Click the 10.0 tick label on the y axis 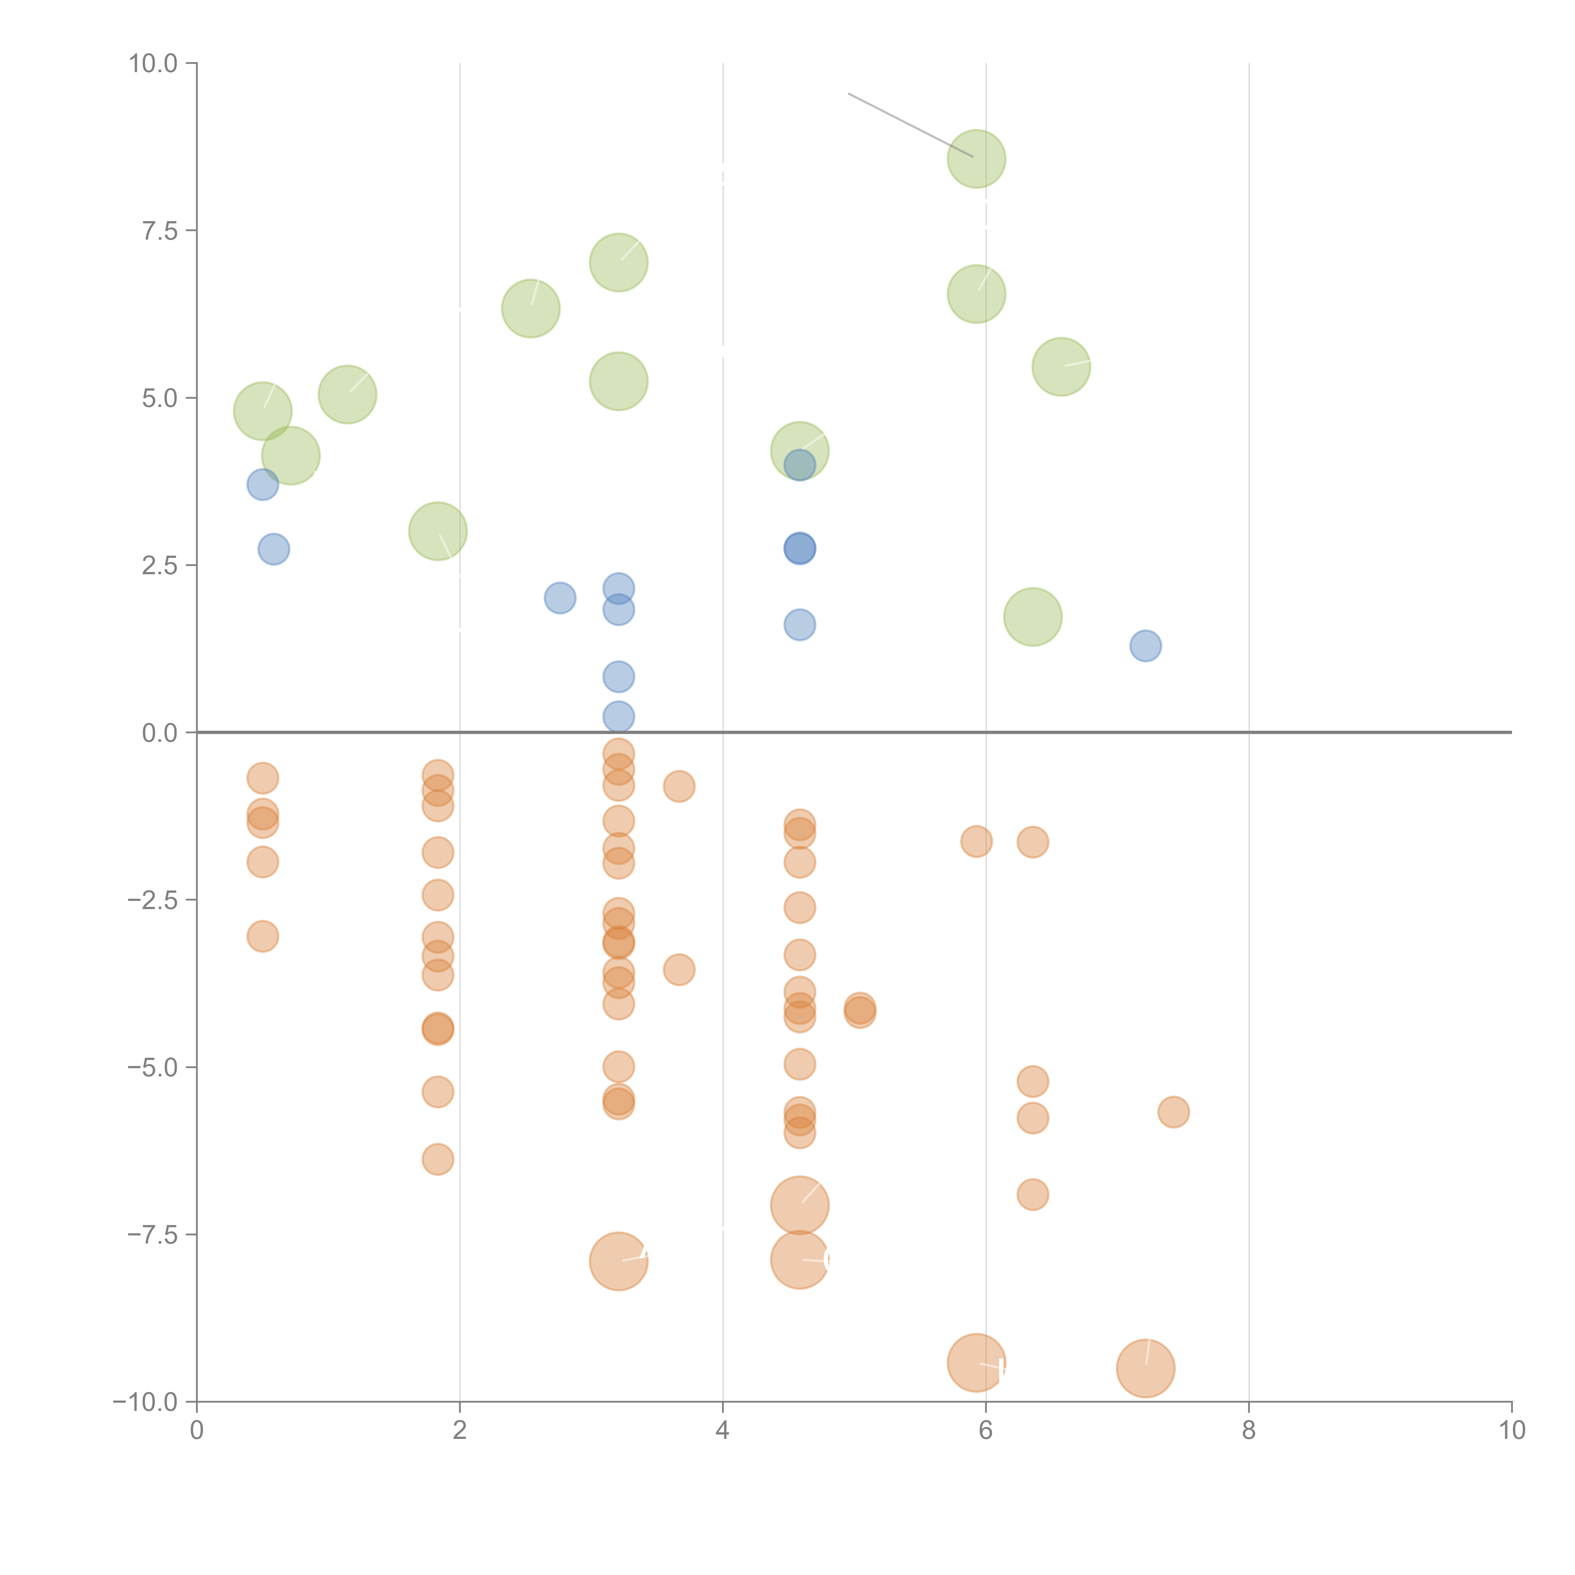click(153, 64)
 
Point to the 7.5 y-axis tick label click(160, 231)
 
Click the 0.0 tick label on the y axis click(160, 733)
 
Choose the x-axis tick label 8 click(1249, 1431)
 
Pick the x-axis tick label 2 click(460, 1431)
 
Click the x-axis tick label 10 click(1511, 1431)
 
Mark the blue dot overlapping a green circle click(800, 465)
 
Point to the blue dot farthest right click(1145, 646)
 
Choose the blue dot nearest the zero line click(619, 717)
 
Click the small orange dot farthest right click(1173, 1112)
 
